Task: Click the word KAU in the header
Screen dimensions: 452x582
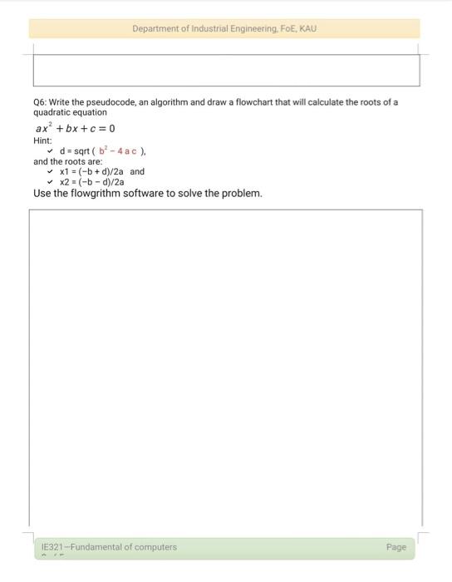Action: pos(307,29)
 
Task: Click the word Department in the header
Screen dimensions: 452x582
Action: pos(155,29)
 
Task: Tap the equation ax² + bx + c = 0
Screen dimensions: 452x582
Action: pos(75,129)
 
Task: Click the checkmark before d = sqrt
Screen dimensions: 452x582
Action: pos(50,151)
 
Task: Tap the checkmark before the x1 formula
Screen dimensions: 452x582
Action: pos(50,172)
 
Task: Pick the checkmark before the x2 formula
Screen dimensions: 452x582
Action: pos(50,182)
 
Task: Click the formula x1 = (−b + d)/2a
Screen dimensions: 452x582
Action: pos(91,172)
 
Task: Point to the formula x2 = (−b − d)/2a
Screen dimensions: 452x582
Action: pos(91,182)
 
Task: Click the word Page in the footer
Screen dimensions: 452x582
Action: pos(396,547)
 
